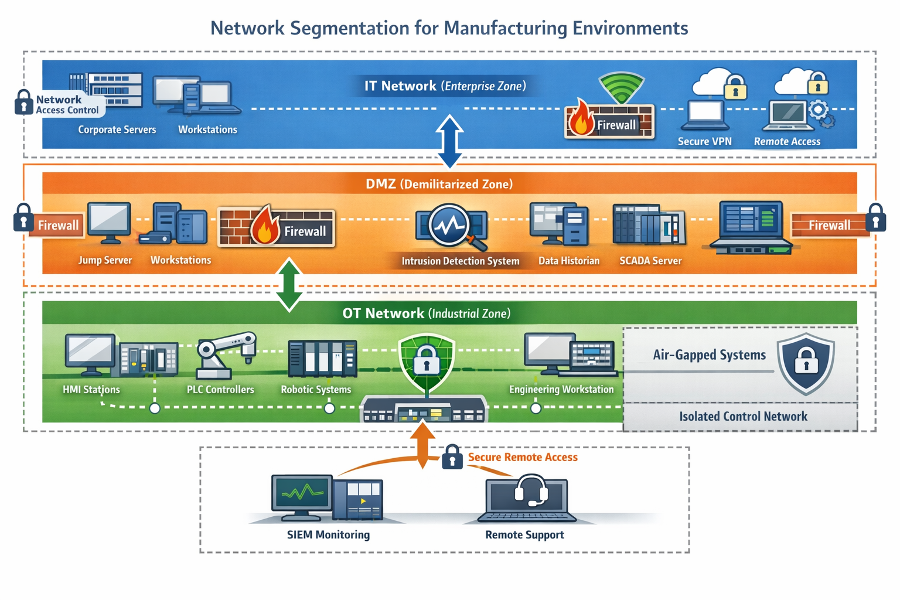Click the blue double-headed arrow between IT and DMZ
point(449,141)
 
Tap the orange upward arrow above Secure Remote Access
point(422,445)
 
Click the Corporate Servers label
point(117,129)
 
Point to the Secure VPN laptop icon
point(705,115)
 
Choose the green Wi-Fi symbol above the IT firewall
point(621,88)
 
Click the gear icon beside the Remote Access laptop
point(819,110)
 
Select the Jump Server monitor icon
point(109,221)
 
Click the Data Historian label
point(569,261)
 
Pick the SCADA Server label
point(650,261)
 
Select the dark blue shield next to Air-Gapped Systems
point(806,363)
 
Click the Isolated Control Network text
point(743,417)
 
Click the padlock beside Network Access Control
point(23,103)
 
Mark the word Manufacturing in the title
point(506,28)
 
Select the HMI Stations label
point(91,390)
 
